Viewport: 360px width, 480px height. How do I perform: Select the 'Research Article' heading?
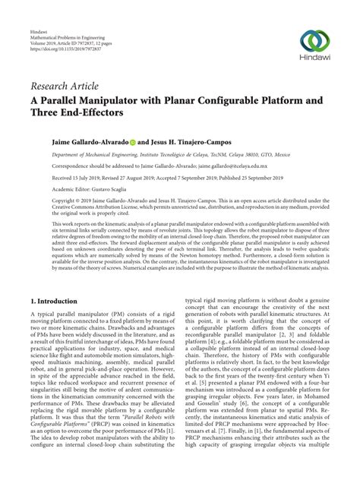pos(63,87)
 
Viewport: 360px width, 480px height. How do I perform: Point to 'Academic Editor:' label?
pos(48,189)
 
